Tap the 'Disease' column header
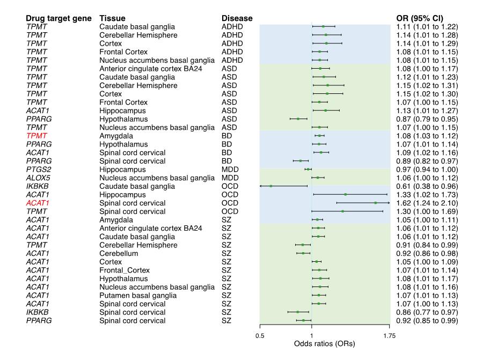(x=237, y=18)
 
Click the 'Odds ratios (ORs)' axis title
(x=325, y=343)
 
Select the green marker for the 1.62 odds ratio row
(x=376, y=203)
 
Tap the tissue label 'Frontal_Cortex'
(x=125, y=270)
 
